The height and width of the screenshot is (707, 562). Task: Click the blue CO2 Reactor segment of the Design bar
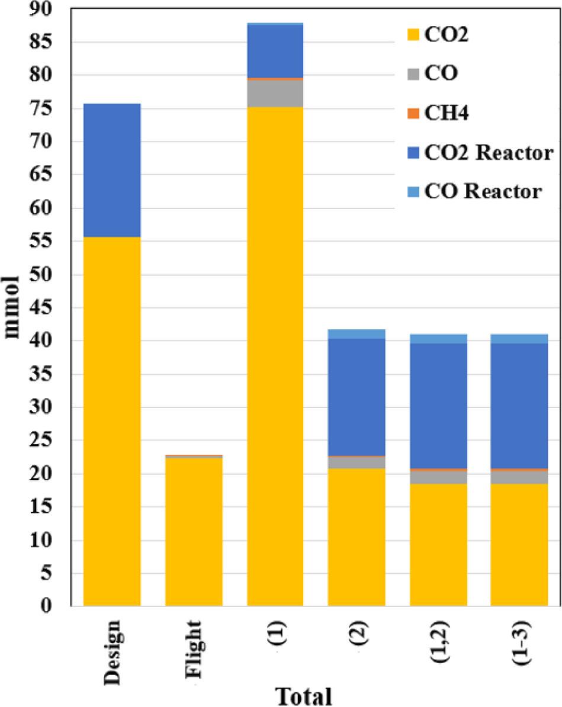click(x=112, y=170)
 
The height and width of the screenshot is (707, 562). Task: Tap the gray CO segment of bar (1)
click(x=275, y=93)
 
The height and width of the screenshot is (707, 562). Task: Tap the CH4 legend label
click(x=445, y=113)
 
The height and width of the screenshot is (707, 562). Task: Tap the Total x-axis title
click(x=303, y=695)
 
